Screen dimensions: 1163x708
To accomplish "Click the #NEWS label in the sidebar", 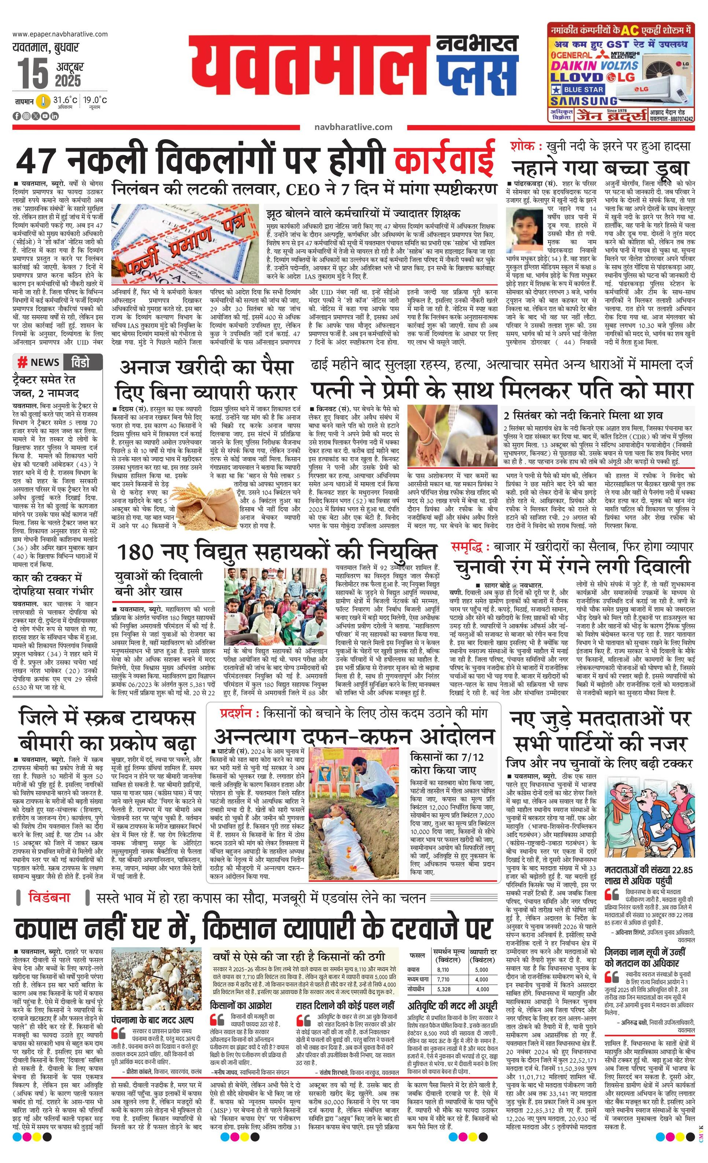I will [x=40, y=362].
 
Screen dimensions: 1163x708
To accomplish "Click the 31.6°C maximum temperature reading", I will [x=65, y=100].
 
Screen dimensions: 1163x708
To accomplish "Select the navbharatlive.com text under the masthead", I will [x=353, y=127].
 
